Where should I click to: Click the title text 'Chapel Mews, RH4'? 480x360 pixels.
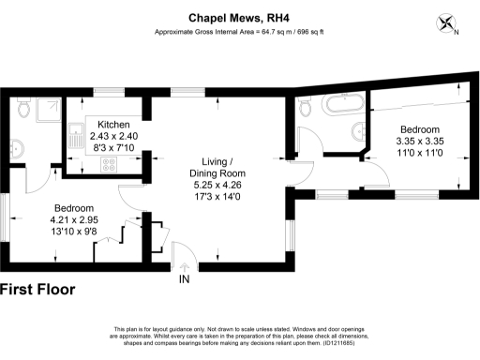pyautogui.click(x=239, y=16)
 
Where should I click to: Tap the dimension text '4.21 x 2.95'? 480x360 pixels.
pyautogui.click(x=73, y=219)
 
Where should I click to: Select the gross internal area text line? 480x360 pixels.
pyautogui.click(x=239, y=32)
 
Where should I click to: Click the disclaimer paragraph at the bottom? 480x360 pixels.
pyautogui.click(x=239, y=338)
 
